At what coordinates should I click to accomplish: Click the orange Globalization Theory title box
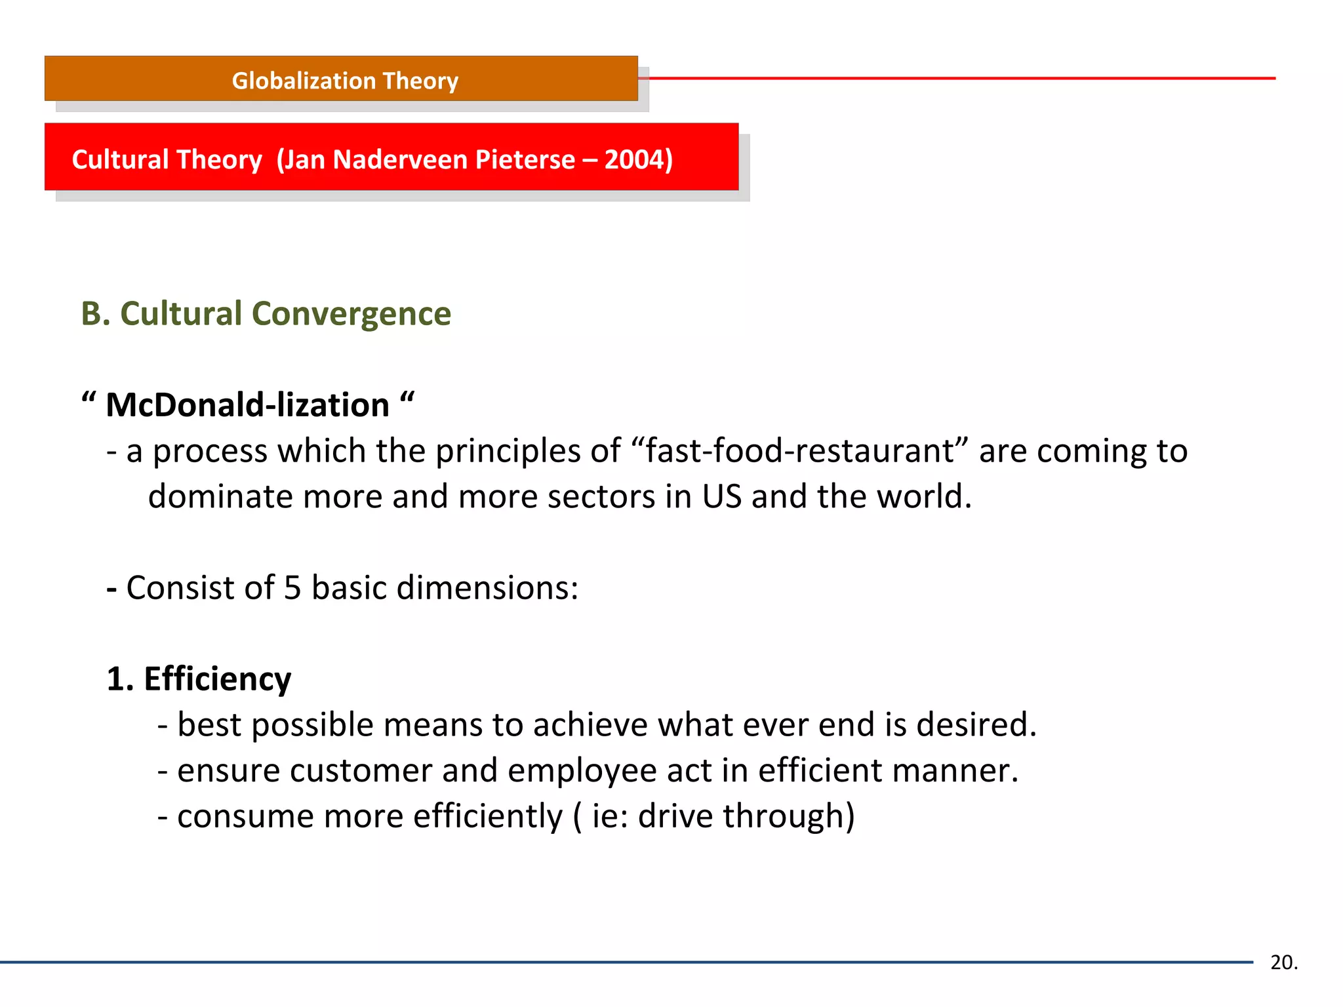point(341,79)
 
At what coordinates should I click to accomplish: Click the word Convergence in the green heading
point(351,313)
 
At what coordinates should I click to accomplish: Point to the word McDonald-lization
point(247,405)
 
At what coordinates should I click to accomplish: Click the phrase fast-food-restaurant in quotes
point(799,451)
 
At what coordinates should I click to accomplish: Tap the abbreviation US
point(721,496)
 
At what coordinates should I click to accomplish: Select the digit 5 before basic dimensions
point(292,587)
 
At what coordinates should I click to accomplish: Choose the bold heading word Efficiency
point(217,679)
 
